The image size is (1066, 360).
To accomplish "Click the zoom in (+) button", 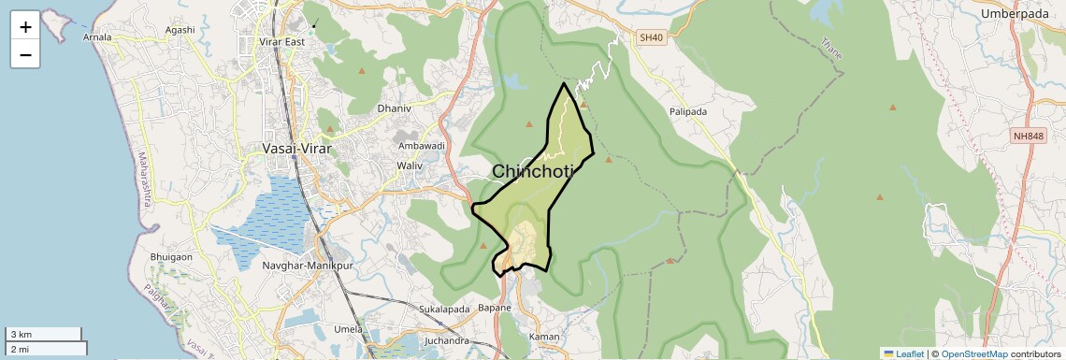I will (25, 26).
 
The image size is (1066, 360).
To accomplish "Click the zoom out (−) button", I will (25, 54).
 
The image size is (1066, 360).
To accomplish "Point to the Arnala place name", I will (97, 38).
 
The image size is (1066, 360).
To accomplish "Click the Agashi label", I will (180, 30).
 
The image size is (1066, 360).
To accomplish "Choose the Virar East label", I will (282, 42).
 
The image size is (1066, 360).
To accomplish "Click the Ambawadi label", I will (422, 146).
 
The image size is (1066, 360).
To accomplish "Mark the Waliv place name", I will (410, 166).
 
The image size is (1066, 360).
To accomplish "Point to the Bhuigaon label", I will (171, 256).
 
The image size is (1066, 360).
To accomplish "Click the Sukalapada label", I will (444, 309).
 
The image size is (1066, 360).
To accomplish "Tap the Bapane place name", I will (495, 308).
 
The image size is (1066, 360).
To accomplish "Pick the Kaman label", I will (544, 337).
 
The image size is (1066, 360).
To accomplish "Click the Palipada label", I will (688, 112).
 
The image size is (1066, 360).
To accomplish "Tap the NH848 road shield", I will (1028, 137).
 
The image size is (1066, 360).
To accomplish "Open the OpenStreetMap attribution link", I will (973, 354).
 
